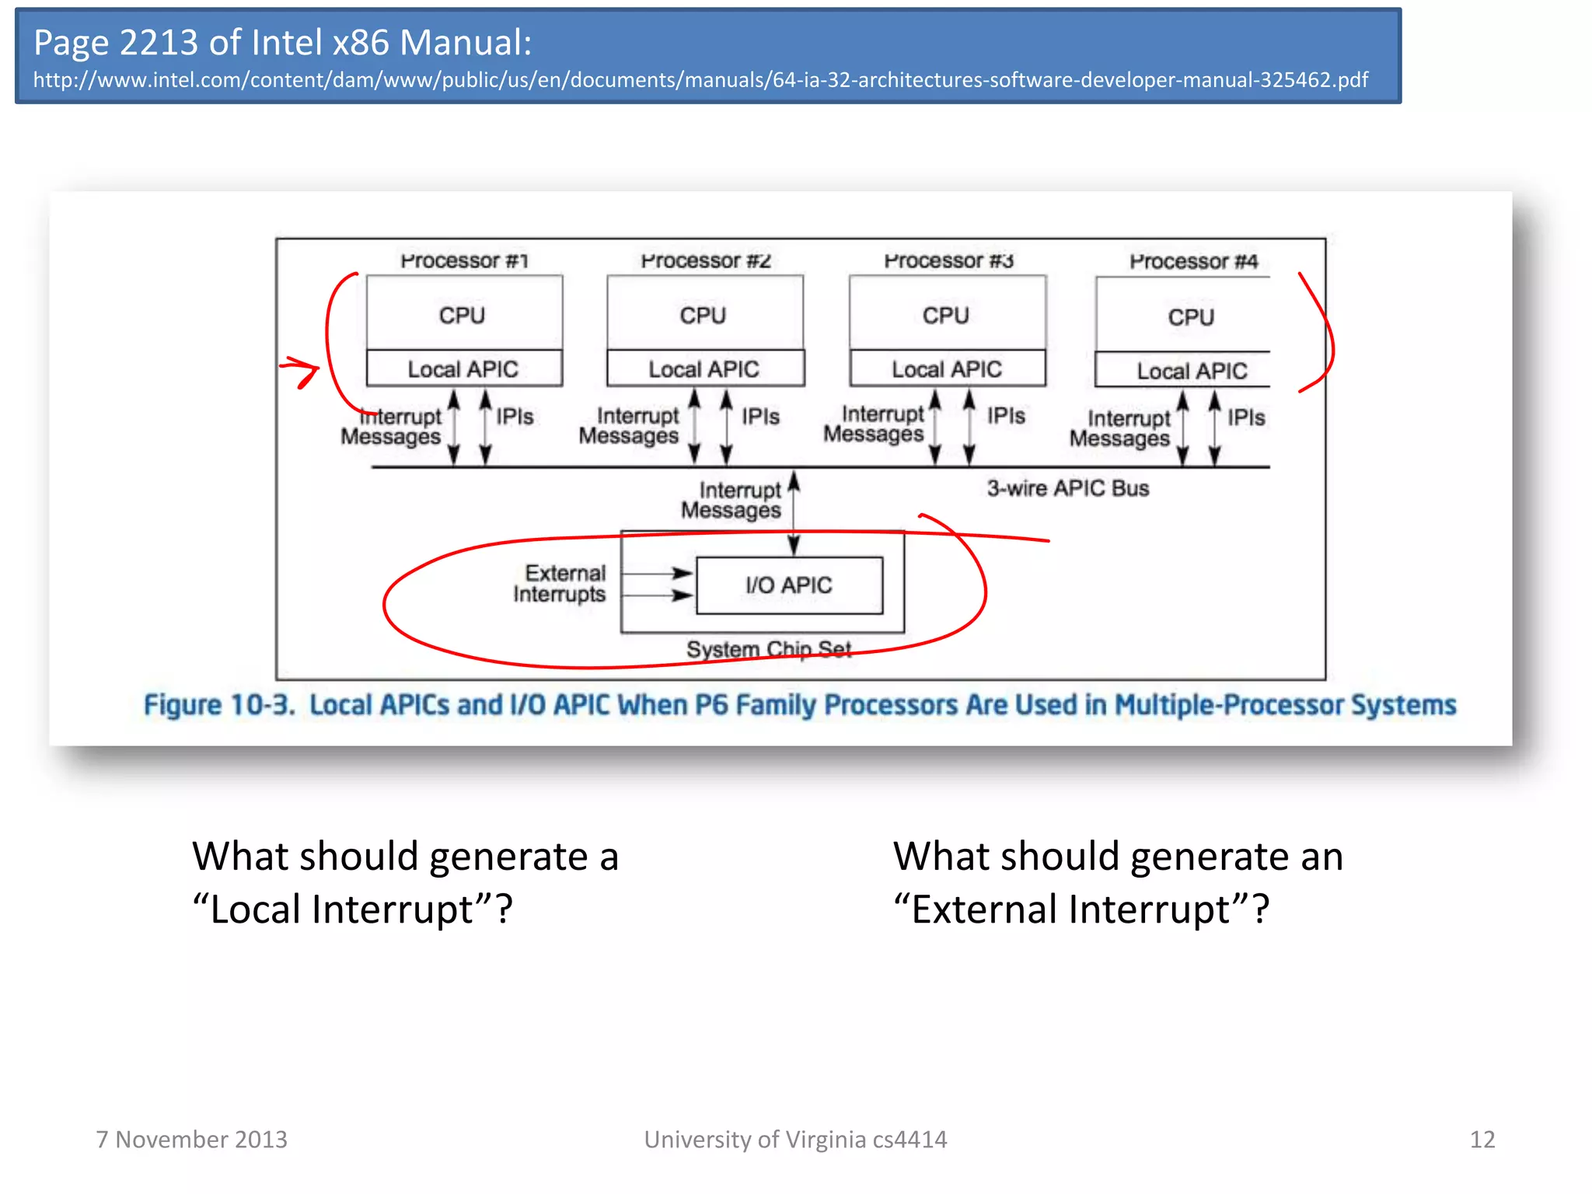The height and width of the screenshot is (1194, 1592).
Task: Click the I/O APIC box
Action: pyautogui.click(x=789, y=585)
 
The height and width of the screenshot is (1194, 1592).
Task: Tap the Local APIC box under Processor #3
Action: pyautogui.click(x=947, y=369)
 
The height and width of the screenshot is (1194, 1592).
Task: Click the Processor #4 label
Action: pyautogui.click(x=1193, y=261)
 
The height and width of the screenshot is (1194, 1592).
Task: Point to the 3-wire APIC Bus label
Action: pyautogui.click(x=1067, y=488)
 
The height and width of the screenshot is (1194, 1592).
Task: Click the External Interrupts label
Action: pyautogui.click(x=560, y=583)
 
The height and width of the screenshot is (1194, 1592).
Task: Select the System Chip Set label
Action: pyautogui.click(x=768, y=648)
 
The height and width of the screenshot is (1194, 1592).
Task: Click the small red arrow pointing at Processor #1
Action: pyautogui.click(x=300, y=370)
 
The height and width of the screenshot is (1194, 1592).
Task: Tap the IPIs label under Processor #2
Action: pyautogui.click(x=759, y=417)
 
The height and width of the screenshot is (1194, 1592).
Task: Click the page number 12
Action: pyautogui.click(x=1482, y=1139)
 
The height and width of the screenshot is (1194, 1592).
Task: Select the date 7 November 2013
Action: pyautogui.click(x=191, y=1139)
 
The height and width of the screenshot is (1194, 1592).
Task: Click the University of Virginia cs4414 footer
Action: pyautogui.click(x=795, y=1139)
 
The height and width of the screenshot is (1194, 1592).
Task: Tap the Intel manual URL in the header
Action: pyautogui.click(x=700, y=80)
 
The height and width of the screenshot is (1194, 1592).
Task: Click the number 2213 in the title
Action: pyautogui.click(x=159, y=42)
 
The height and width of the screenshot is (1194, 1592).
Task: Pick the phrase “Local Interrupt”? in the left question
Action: pyautogui.click(x=353, y=909)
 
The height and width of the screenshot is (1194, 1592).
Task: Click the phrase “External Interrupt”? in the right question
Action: pyautogui.click(x=1081, y=909)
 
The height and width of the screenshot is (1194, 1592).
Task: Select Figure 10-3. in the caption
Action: pyautogui.click(x=219, y=705)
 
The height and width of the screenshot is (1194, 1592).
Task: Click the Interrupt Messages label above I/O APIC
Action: pyautogui.click(x=732, y=500)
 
